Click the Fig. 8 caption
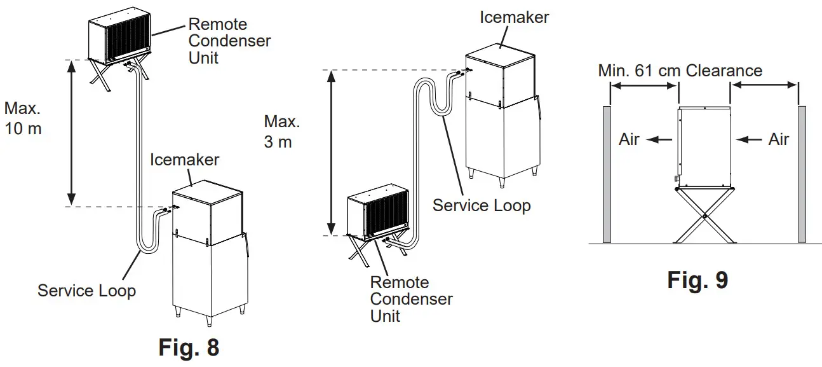[x=189, y=347]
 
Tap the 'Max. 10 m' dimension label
[x=23, y=118]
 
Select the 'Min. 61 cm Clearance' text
[x=680, y=70]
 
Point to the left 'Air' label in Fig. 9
[x=629, y=139]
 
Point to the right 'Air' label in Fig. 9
[x=778, y=139]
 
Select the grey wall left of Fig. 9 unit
[x=606, y=175]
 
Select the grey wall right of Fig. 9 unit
[x=802, y=175]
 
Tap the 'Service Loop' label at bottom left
[x=86, y=291]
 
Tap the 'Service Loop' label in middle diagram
[x=481, y=205]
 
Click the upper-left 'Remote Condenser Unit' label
[x=229, y=41]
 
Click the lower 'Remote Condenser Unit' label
[x=411, y=298]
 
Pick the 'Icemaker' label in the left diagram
[x=184, y=159]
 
